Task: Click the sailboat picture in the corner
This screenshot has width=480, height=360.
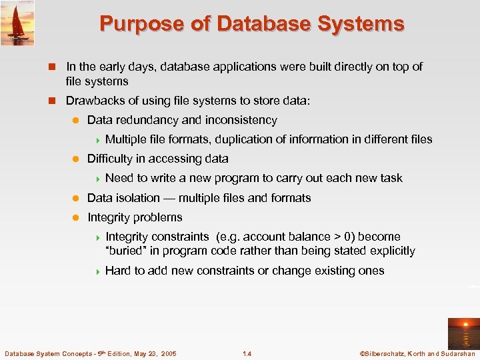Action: [x=17, y=23]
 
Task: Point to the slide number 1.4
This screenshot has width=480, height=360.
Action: [x=248, y=353]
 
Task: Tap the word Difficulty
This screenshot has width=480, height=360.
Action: [x=110, y=159]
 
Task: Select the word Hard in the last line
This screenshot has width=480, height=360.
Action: [x=117, y=271]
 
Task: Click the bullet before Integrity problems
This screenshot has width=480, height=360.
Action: [x=75, y=217]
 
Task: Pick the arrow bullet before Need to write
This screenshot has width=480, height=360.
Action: [x=97, y=179]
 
